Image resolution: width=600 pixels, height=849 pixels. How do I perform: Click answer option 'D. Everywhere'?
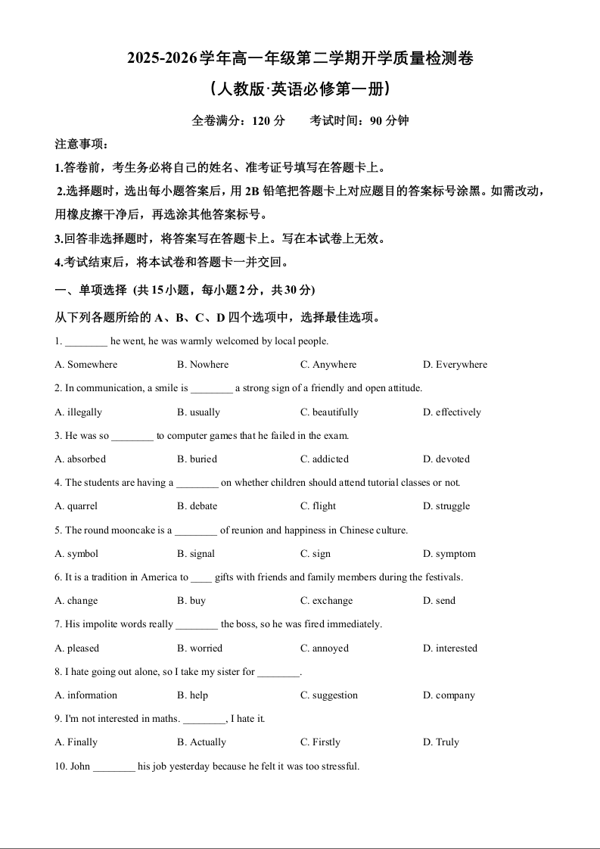(455, 365)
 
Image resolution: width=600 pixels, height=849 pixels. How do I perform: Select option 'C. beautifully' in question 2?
(329, 412)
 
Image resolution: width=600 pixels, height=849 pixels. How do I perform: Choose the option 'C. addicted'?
(325, 459)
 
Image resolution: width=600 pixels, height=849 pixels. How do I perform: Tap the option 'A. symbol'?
(76, 554)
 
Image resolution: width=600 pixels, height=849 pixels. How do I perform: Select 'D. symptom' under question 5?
(449, 554)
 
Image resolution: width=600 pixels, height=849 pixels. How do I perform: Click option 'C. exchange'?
(326, 601)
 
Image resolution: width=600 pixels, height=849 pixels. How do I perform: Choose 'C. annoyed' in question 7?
(325, 648)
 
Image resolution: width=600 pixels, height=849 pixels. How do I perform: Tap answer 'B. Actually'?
(201, 742)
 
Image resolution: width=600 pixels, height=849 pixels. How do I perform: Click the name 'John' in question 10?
(80, 767)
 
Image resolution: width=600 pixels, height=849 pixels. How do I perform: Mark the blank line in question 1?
(85, 342)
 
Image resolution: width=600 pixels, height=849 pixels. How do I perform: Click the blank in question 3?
(132, 437)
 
